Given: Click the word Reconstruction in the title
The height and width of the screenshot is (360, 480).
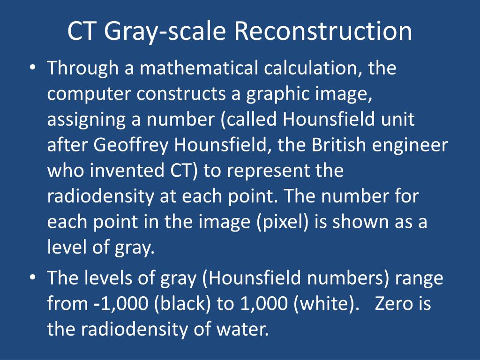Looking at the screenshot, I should tap(323, 31).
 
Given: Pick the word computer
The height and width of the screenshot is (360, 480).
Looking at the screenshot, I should tap(90, 95).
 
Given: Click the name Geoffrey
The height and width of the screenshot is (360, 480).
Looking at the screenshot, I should tap(132, 146).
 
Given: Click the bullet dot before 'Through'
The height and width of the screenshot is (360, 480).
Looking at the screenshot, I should tap(32, 68).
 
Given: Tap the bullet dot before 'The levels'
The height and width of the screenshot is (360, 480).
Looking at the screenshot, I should tap(32, 278).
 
